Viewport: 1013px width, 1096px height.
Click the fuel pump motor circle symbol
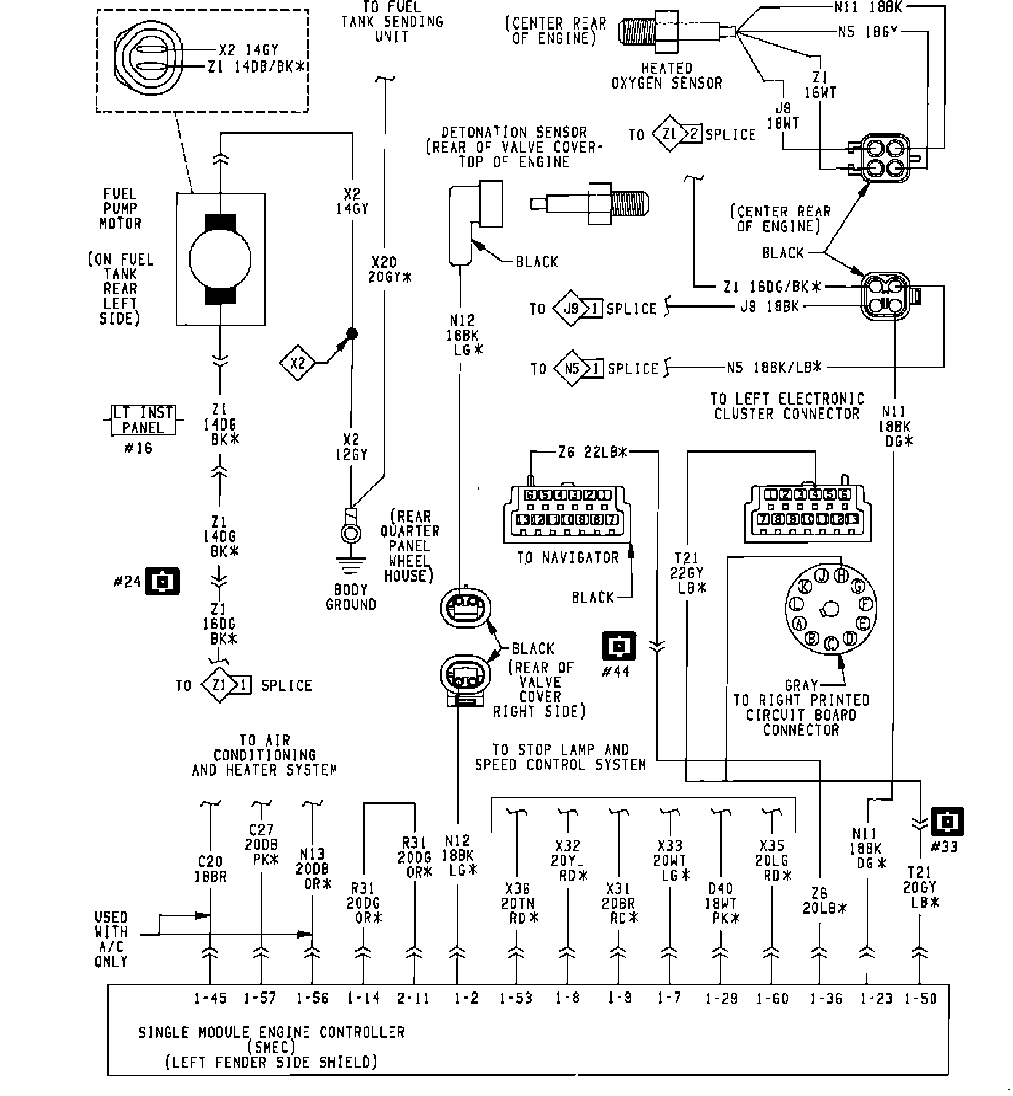coord(220,260)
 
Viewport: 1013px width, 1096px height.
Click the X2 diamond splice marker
coord(298,363)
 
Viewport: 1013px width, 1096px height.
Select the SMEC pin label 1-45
coord(210,998)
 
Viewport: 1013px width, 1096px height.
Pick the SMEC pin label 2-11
coord(413,998)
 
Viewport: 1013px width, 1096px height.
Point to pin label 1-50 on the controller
coord(920,998)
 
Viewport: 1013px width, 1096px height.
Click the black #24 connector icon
coord(162,581)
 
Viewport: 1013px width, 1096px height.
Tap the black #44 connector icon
coord(619,646)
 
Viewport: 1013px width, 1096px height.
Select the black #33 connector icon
coord(947,822)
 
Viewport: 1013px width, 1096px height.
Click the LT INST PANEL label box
coord(143,420)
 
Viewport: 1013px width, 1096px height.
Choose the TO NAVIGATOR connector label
coord(567,558)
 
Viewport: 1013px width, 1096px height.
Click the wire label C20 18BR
coord(210,869)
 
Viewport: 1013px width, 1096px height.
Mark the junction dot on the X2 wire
coord(352,334)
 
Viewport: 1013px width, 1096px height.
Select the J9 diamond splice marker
coord(571,308)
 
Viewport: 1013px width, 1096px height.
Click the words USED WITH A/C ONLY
coord(111,939)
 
